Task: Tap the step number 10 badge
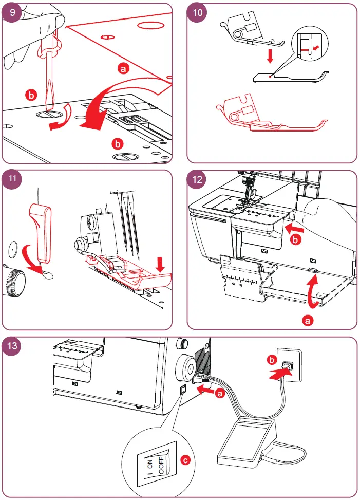coord(197,13)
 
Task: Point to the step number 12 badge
coord(197,180)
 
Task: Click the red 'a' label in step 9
coord(122,68)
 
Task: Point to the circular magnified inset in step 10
coord(307,49)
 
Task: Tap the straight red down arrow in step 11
coord(160,265)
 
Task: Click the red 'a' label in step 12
coord(308,320)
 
